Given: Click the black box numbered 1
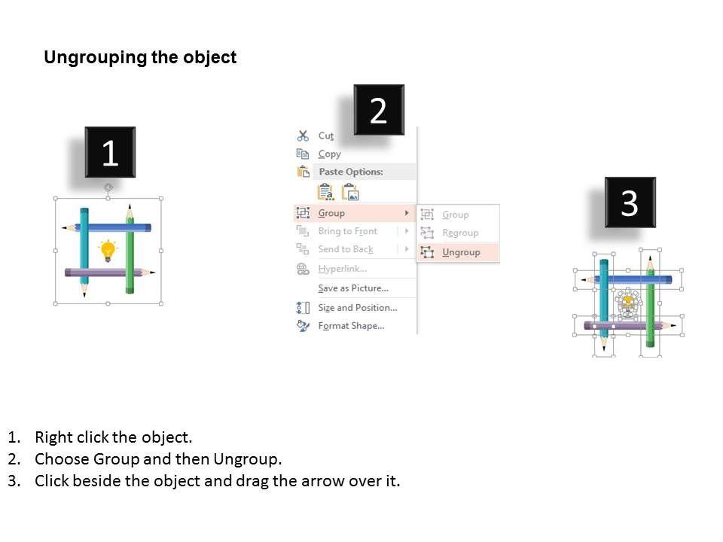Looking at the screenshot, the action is coord(110,152).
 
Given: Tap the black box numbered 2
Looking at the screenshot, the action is coord(379,110).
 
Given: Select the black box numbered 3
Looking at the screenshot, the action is coord(630,202).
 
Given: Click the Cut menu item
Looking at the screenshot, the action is coord(326,135).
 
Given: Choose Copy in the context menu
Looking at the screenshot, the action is coord(330,154).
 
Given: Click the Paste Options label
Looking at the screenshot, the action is coord(351,172).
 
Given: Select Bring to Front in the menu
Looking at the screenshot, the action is coord(348,231).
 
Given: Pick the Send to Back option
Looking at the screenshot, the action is coord(346,249).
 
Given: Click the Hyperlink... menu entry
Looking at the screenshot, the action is coord(343,269).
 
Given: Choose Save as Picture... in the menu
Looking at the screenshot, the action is coord(353,288).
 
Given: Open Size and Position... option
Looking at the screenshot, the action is coord(357,307).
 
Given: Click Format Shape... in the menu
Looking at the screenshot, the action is coord(351,326).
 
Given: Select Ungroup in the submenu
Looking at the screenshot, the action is coord(461,252).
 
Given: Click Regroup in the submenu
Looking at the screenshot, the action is coord(460,233).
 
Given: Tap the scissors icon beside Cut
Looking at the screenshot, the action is coord(303,135).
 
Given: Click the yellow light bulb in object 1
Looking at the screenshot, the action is coord(108,250).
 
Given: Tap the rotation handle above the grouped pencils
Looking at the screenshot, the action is coord(108,187).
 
